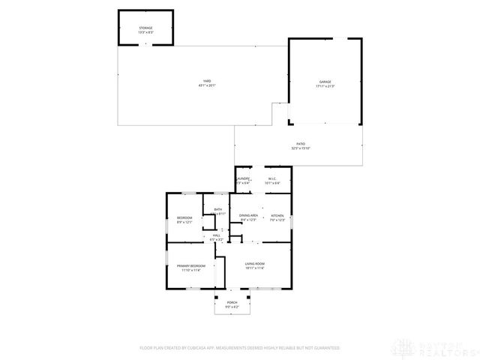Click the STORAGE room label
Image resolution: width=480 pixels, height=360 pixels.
145,28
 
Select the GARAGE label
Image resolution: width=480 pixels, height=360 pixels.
324,82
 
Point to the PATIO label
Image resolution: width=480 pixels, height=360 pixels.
300,144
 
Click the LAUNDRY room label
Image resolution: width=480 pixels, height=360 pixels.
242,178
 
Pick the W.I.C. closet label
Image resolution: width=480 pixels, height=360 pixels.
273,178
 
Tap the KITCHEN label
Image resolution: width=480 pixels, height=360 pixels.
277,215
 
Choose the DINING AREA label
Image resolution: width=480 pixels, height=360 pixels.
248,215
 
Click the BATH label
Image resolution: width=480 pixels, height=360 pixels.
217,209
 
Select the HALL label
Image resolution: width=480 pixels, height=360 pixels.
216,235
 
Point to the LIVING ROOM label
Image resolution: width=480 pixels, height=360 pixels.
255,264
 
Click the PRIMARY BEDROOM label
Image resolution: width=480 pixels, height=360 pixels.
191,266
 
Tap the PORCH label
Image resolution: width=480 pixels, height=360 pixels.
232,302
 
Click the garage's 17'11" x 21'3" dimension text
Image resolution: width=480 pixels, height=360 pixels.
324,86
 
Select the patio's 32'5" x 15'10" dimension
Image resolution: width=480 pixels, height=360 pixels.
300,148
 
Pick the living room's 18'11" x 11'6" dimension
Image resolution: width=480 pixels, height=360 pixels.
255,268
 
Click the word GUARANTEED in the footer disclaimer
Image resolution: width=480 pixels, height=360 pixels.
324,348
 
